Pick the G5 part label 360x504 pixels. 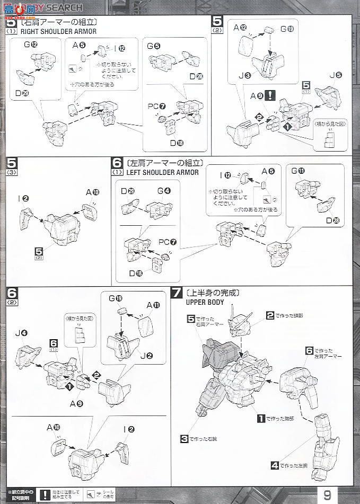click(x=154, y=47)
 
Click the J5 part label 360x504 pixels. click(x=339, y=75)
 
